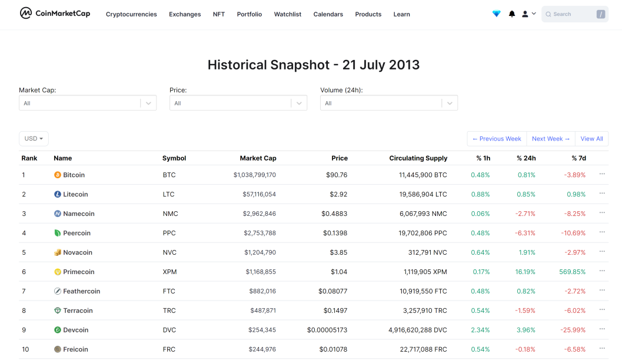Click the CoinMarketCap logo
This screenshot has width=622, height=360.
[x=55, y=14]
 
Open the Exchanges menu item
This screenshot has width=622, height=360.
[x=185, y=14]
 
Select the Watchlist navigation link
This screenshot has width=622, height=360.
[x=288, y=14]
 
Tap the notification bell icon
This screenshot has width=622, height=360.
[x=512, y=14]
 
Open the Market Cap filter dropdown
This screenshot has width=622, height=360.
[x=88, y=103]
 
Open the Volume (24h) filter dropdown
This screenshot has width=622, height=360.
[x=389, y=103]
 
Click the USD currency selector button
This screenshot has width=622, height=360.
[x=34, y=139]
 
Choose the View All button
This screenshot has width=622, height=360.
[x=591, y=139]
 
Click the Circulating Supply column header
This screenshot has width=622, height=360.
[x=418, y=158]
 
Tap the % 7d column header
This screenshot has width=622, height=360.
[x=579, y=158]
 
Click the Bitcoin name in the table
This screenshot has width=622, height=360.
[x=74, y=175]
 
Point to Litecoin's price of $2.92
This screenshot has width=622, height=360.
[x=338, y=194]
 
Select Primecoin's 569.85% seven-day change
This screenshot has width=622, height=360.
[x=573, y=272]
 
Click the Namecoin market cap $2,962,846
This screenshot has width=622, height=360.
[x=260, y=214]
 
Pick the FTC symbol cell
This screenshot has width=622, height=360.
[x=169, y=291]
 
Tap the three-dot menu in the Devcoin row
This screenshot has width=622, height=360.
[x=602, y=329]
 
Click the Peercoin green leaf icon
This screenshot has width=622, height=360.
[x=58, y=233]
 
